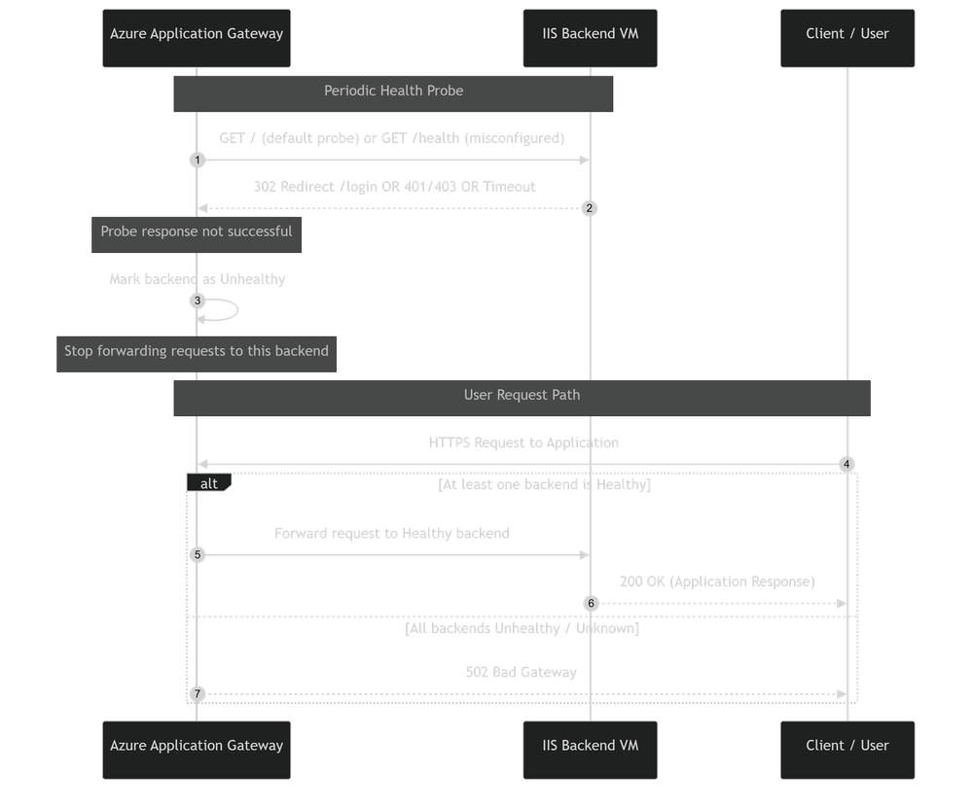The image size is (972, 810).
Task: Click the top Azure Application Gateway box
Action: point(197,38)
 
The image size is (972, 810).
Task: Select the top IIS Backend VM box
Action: point(590,38)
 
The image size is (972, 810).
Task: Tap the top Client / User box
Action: point(846,38)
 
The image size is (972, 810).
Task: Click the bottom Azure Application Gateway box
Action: point(197,750)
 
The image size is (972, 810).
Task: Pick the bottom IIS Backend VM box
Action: point(590,750)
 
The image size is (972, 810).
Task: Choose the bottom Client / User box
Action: point(846,750)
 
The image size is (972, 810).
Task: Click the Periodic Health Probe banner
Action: point(393,92)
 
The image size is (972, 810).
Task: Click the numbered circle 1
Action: point(198,159)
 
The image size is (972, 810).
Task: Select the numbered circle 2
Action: point(589,208)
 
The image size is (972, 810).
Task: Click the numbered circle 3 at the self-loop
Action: point(198,300)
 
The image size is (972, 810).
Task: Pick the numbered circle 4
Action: point(846,464)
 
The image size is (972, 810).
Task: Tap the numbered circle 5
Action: point(198,555)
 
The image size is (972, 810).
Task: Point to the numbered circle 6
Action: point(589,604)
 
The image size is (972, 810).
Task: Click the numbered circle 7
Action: point(198,694)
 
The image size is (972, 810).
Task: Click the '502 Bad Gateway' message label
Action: point(521,673)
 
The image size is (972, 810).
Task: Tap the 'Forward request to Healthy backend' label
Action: point(392,534)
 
